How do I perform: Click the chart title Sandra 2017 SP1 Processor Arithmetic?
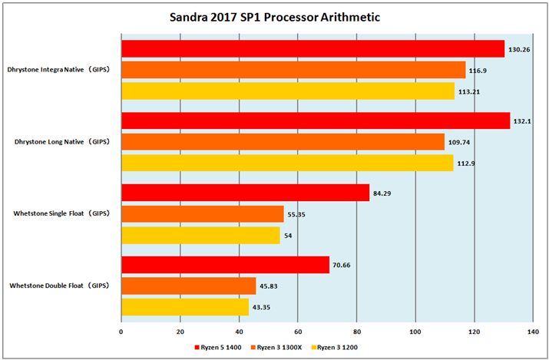(273, 17)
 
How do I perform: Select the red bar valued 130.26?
(313, 48)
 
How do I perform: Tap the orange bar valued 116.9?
(293, 70)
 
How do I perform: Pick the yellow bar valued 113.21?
(288, 91)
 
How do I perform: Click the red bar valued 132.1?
(316, 121)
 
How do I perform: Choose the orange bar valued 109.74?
(283, 142)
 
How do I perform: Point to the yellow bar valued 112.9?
(287, 163)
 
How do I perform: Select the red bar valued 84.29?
(245, 193)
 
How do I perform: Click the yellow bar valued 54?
(200, 236)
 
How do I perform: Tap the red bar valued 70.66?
(225, 265)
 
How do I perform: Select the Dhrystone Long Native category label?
(61, 142)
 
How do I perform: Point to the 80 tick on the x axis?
(357, 332)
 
